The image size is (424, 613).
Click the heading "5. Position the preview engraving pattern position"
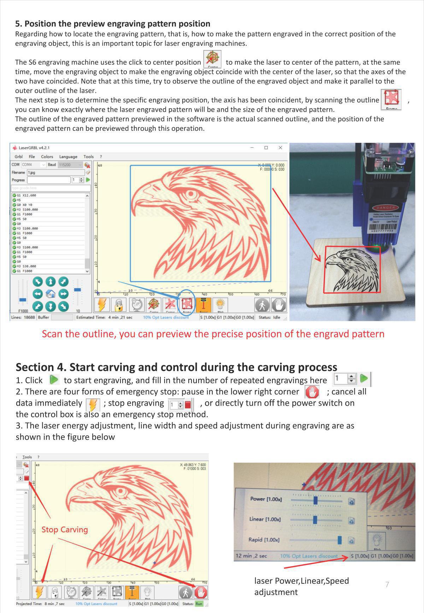(x=112, y=24)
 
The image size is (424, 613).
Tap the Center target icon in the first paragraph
(x=212, y=58)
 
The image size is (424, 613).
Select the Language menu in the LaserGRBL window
(x=68, y=157)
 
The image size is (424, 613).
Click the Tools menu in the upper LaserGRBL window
(x=88, y=157)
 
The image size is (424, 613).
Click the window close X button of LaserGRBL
(x=280, y=148)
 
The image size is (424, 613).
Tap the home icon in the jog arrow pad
(x=51, y=294)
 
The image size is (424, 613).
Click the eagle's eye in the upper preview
(x=192, y=194)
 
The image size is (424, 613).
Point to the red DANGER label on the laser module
(x=385, y=208)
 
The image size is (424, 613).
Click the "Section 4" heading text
(x=176, y=367)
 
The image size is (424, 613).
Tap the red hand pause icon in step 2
(x=312, y=392)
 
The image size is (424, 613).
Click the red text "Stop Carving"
(x=65, y=530)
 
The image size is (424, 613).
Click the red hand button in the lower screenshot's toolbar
(x=201, y=592)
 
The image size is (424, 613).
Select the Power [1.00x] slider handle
(x=316, y=501)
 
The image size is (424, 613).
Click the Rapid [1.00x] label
(x=264, y=540)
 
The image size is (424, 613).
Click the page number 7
(x=387, y=584)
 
